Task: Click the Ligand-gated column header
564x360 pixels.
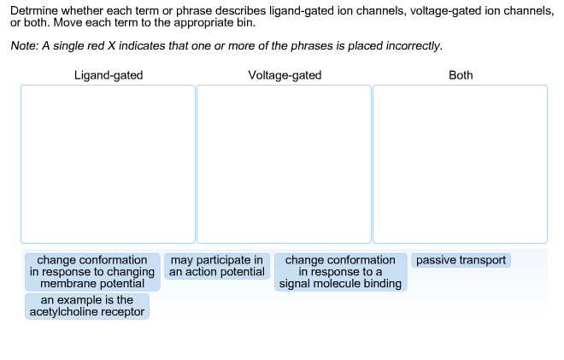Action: coord(109,75)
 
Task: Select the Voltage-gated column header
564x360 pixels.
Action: coord(285,75)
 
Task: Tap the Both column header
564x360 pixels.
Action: coord(461,75)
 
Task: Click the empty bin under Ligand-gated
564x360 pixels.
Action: coord(109,163)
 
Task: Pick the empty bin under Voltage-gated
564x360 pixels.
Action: coord(285,163)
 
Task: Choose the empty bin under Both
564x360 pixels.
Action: coord(461,163)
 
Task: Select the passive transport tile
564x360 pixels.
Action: coord(461,260)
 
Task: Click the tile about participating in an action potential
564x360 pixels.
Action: coord(217,266)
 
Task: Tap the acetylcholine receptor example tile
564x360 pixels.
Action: coord(87,306)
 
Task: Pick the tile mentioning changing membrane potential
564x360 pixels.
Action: coord(92,272)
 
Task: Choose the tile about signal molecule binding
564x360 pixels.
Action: coord(340,272)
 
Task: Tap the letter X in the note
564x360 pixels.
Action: coord(132,45)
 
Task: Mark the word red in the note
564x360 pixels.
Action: coord(114,45)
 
